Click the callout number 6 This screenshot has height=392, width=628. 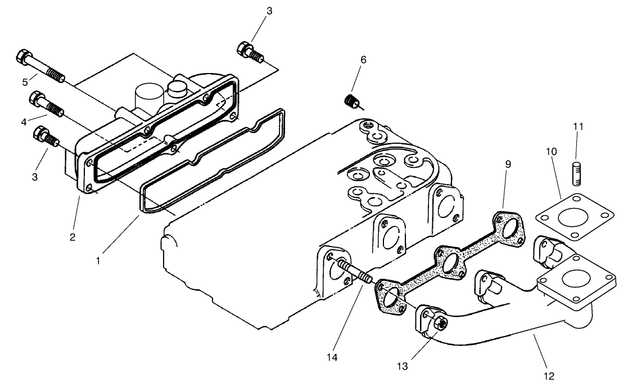(363, 60)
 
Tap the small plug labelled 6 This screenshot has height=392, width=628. (352, 102)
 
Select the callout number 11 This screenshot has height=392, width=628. (579, 126)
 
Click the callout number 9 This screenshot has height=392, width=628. (508, 165)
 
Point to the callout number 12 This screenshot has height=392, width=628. (549, 376)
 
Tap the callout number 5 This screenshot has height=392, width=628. (25, 82)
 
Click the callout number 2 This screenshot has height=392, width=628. (72, 236)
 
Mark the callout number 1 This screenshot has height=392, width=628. (99, 260)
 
